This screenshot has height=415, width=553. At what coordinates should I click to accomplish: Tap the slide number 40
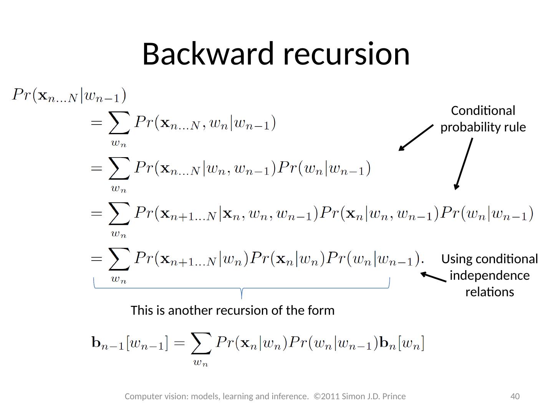515,396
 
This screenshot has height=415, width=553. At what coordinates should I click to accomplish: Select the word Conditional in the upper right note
483,111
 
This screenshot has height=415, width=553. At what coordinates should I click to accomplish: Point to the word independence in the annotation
489,276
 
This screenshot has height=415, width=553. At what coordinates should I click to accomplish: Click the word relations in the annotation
489,292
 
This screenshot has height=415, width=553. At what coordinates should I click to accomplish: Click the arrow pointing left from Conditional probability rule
416,138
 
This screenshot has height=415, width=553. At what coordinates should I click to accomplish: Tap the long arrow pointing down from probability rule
464,164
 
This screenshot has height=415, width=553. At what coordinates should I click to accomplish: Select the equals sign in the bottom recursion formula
179,343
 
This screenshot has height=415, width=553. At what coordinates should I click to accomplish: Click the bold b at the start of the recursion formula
96,342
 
